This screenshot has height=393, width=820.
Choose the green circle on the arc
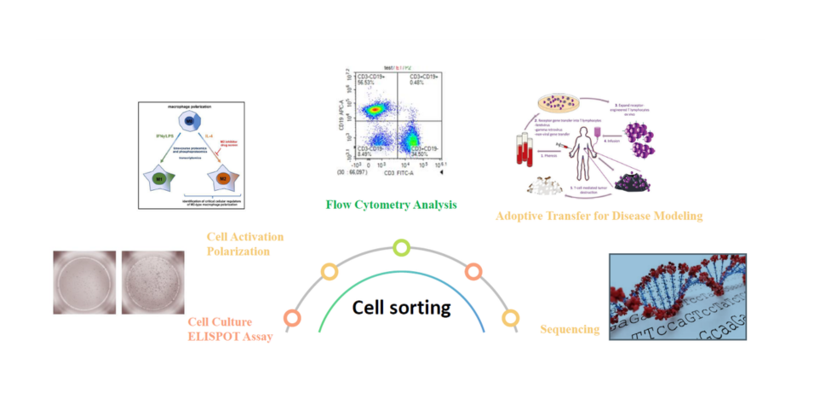(401, 248)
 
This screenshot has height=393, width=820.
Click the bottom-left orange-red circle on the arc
(292, 318)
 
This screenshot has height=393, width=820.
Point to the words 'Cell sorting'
(402, 308)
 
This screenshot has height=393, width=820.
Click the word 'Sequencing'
(570, 329)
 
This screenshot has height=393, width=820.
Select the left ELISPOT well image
(83, 281)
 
